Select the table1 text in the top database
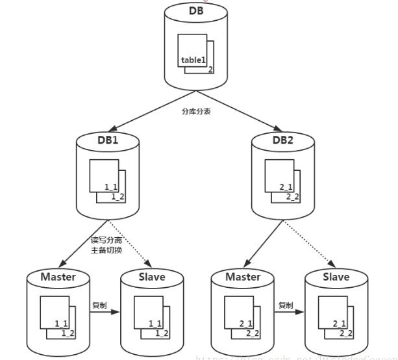click(x=194, y=60)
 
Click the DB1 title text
click(x=108, y=140)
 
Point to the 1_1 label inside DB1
click(x=111, y=186)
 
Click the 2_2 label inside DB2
click(x=293, y=197)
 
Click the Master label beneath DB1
click(x=58, y=277)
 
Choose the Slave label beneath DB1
click(x=152, y=277)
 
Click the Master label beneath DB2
click(x=243, y=277)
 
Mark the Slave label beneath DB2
click(x=336, y=277)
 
